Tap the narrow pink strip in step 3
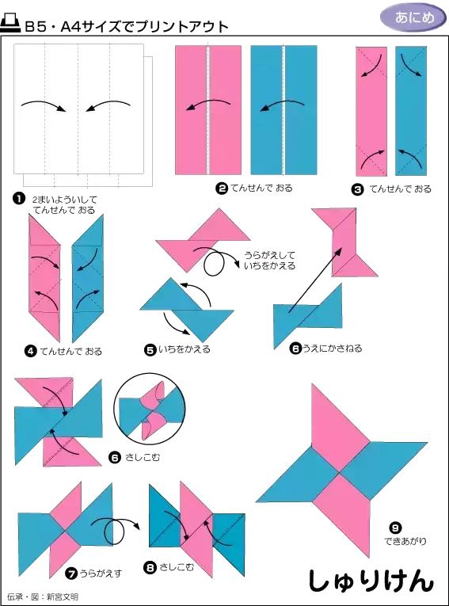point(370,110)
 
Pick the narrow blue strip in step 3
point(411,110)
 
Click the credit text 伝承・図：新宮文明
point(43,596)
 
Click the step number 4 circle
point(30,350)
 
